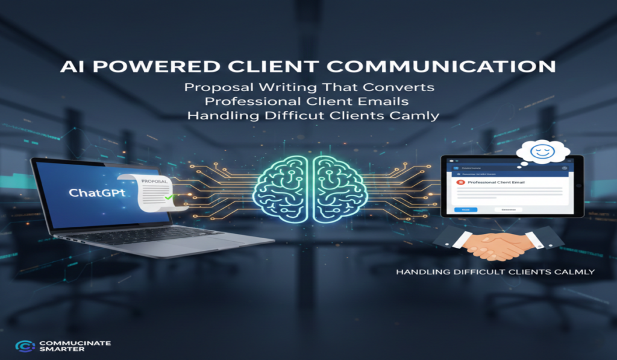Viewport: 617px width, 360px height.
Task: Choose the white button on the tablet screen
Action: [509, 209]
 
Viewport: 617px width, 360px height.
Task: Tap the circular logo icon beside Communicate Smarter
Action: [23, 346]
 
